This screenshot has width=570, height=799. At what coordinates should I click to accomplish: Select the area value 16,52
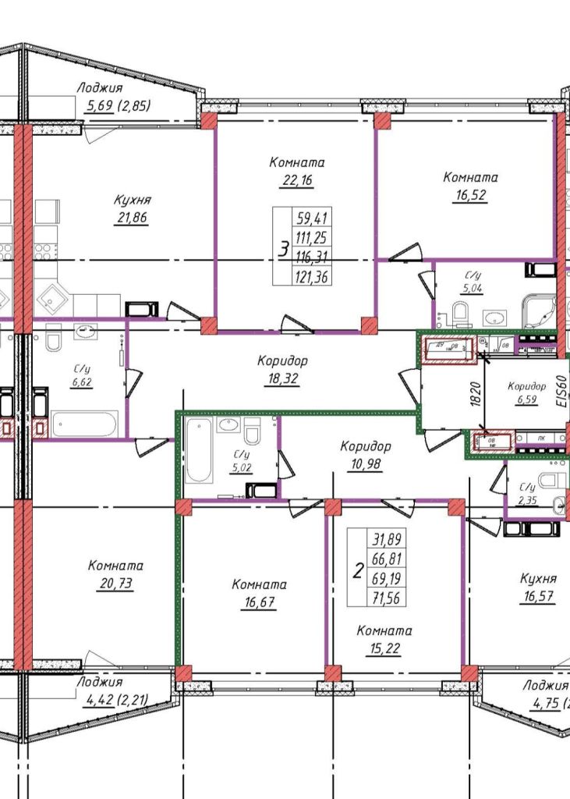tap(470, 195)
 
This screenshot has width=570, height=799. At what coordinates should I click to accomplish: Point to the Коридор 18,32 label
tap(282, 370)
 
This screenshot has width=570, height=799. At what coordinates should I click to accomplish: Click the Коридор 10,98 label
tap(365, 456)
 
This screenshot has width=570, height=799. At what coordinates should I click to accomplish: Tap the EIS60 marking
tap(556, 387)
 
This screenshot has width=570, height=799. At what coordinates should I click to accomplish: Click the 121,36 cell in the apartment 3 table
tap(310, 275)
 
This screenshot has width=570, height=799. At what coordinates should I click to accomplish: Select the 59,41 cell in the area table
tap(310, 218)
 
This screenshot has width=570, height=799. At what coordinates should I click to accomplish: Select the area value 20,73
tap(115, 584)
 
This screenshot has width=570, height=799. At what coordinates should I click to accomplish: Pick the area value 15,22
tap(384, 648)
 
